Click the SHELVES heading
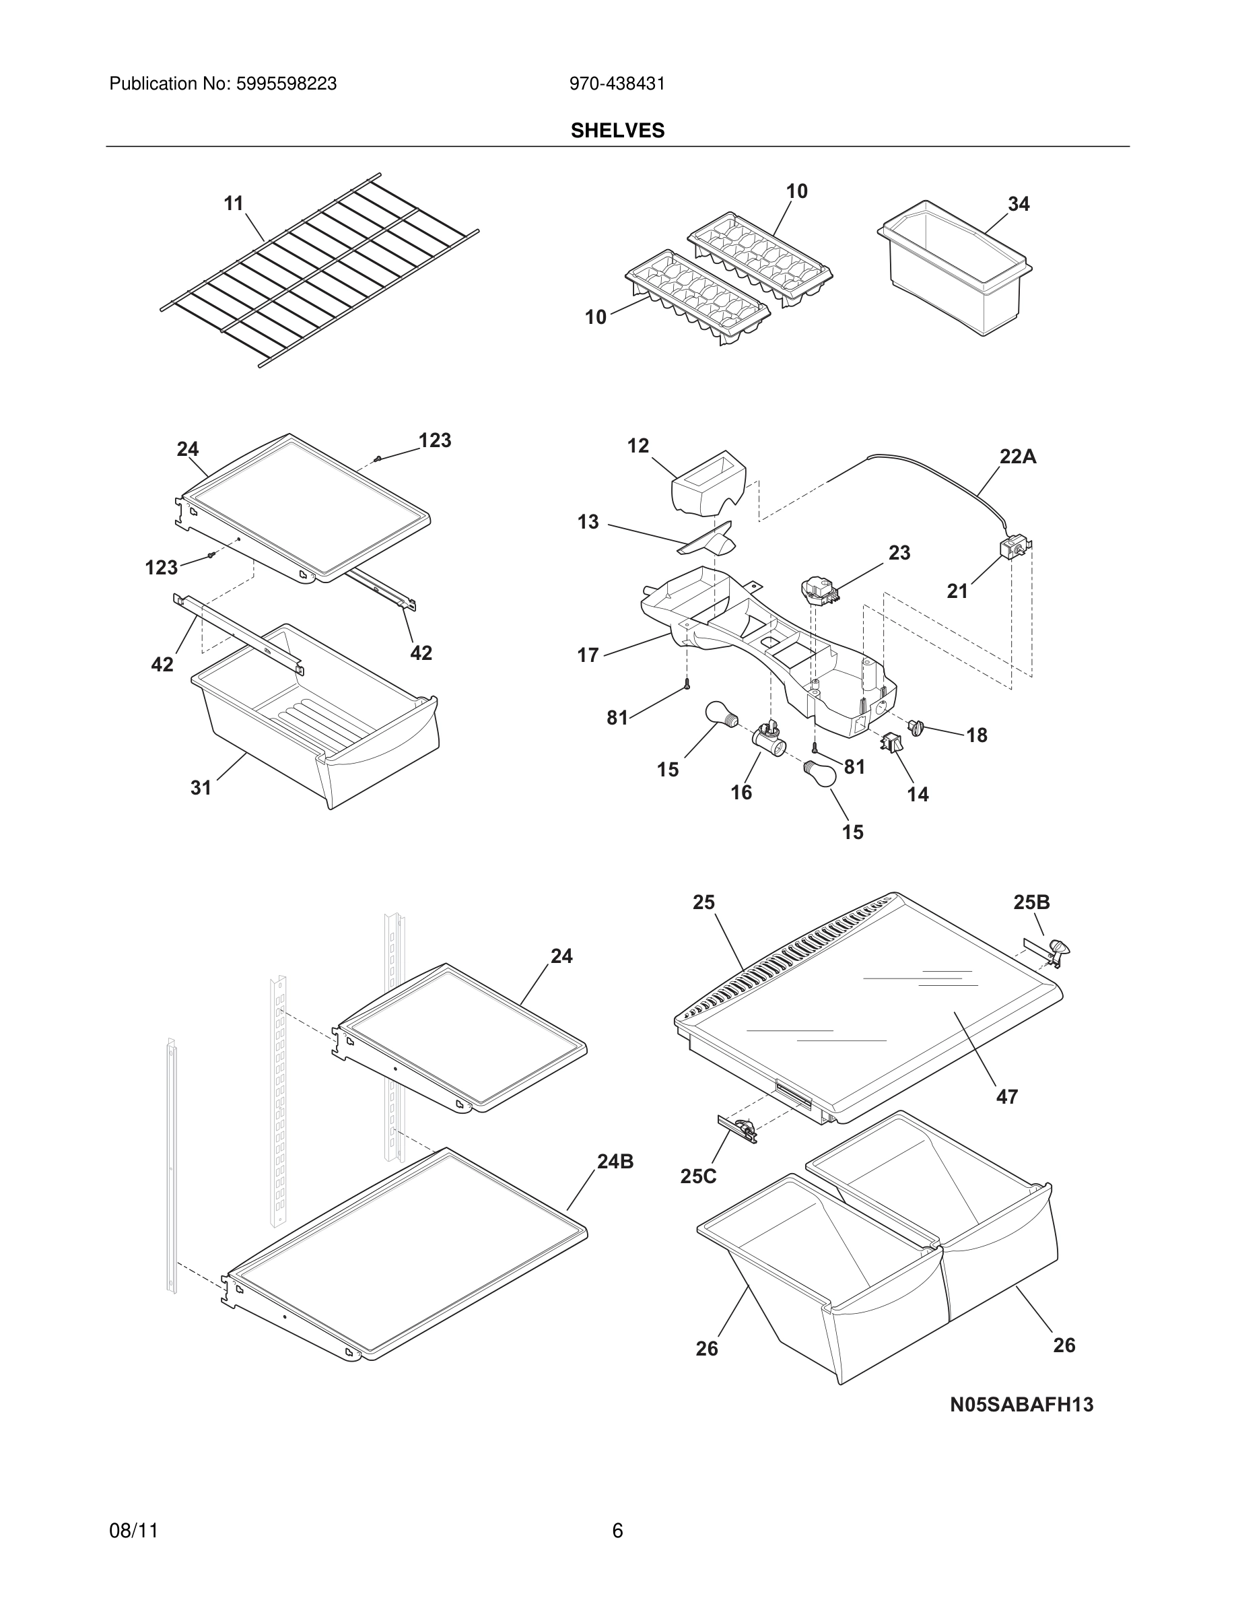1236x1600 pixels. point(617,131)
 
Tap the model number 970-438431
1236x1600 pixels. point(617,84)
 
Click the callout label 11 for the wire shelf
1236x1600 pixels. point(234,203)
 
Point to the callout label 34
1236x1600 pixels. point(1019,205)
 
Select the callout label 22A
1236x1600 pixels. point(1018,457)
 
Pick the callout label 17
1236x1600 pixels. point(588,655)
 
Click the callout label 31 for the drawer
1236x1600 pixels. point(201,788)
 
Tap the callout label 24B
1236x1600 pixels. point(615,1161)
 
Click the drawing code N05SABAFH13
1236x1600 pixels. point(1021,1405)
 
